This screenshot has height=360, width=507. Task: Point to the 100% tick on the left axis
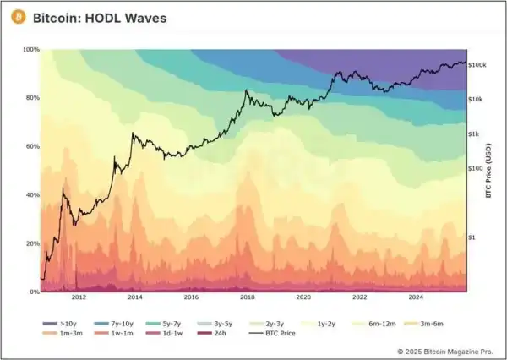coord(30,50)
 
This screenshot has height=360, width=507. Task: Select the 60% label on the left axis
coord(32,146)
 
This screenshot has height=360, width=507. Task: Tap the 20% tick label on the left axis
coord(32,243)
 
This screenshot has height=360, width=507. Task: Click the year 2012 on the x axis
coord(79,297)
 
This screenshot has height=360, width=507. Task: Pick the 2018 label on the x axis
coord(248,297)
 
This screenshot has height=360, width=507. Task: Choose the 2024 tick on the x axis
coord(416,297)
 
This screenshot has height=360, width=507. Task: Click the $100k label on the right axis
coord(479,64)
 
